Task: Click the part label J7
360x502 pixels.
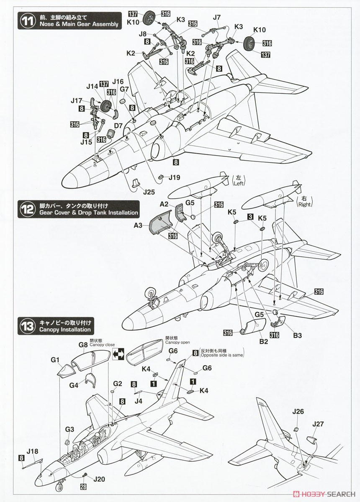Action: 216,18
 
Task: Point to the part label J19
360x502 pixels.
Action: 175,177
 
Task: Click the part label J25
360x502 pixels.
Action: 149,192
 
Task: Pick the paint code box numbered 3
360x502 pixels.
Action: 250,217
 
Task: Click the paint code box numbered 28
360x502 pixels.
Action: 84,487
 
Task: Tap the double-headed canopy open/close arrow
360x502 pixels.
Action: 118,354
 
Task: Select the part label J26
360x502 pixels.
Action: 298,412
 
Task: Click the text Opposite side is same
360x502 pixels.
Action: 221,356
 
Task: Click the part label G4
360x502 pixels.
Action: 74,385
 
